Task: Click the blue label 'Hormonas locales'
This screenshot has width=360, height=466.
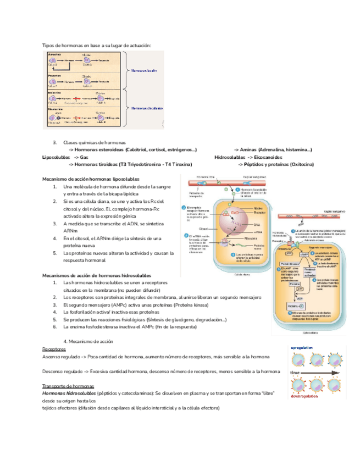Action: point(145,71)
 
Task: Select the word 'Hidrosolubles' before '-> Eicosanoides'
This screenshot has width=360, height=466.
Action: point(230,157)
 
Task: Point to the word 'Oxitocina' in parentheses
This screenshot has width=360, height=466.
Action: point(300,164)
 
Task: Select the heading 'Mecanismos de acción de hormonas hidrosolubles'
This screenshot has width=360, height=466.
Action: point(97,275)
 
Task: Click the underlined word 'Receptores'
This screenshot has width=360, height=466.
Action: point(53,348)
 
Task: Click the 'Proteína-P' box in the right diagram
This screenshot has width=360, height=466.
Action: point(296,304)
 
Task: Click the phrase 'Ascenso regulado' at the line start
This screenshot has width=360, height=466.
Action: point(60,357)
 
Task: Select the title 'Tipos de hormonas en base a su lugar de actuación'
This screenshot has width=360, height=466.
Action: point(96,45)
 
